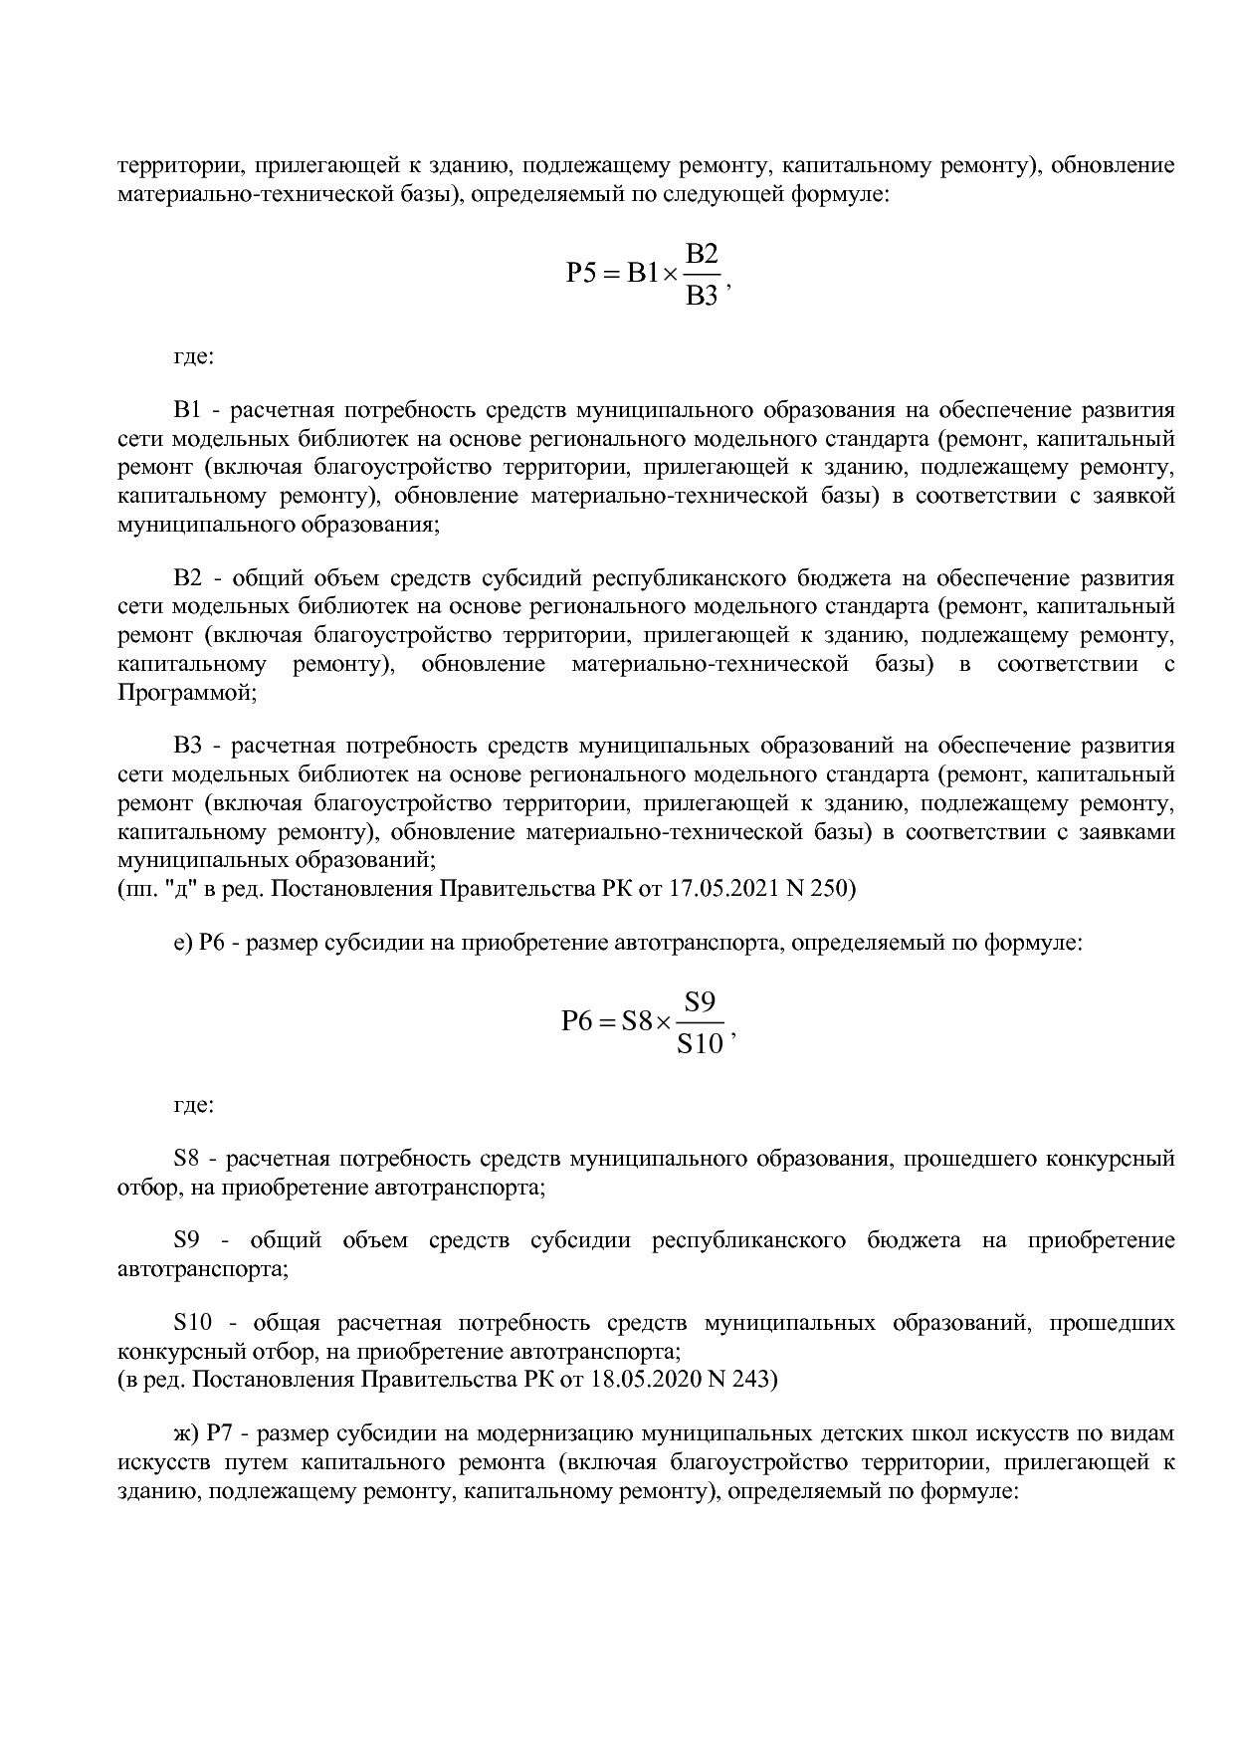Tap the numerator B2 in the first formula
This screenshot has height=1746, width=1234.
(x=702, y=253)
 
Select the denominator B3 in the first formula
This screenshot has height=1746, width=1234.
(x=702, y=296)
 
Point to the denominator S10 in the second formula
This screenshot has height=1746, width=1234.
(x=700, y=1044)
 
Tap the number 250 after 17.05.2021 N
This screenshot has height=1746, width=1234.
(x=830, y=888)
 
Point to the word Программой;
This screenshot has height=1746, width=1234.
(x=186, y=693)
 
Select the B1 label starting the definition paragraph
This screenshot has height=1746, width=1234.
(x=187, y=410)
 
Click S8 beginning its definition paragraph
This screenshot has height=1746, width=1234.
(x=187, y=1159)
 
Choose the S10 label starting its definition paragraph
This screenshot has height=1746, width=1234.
(x=193, y=1323)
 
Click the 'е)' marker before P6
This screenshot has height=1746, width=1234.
(x=182, y=942)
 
